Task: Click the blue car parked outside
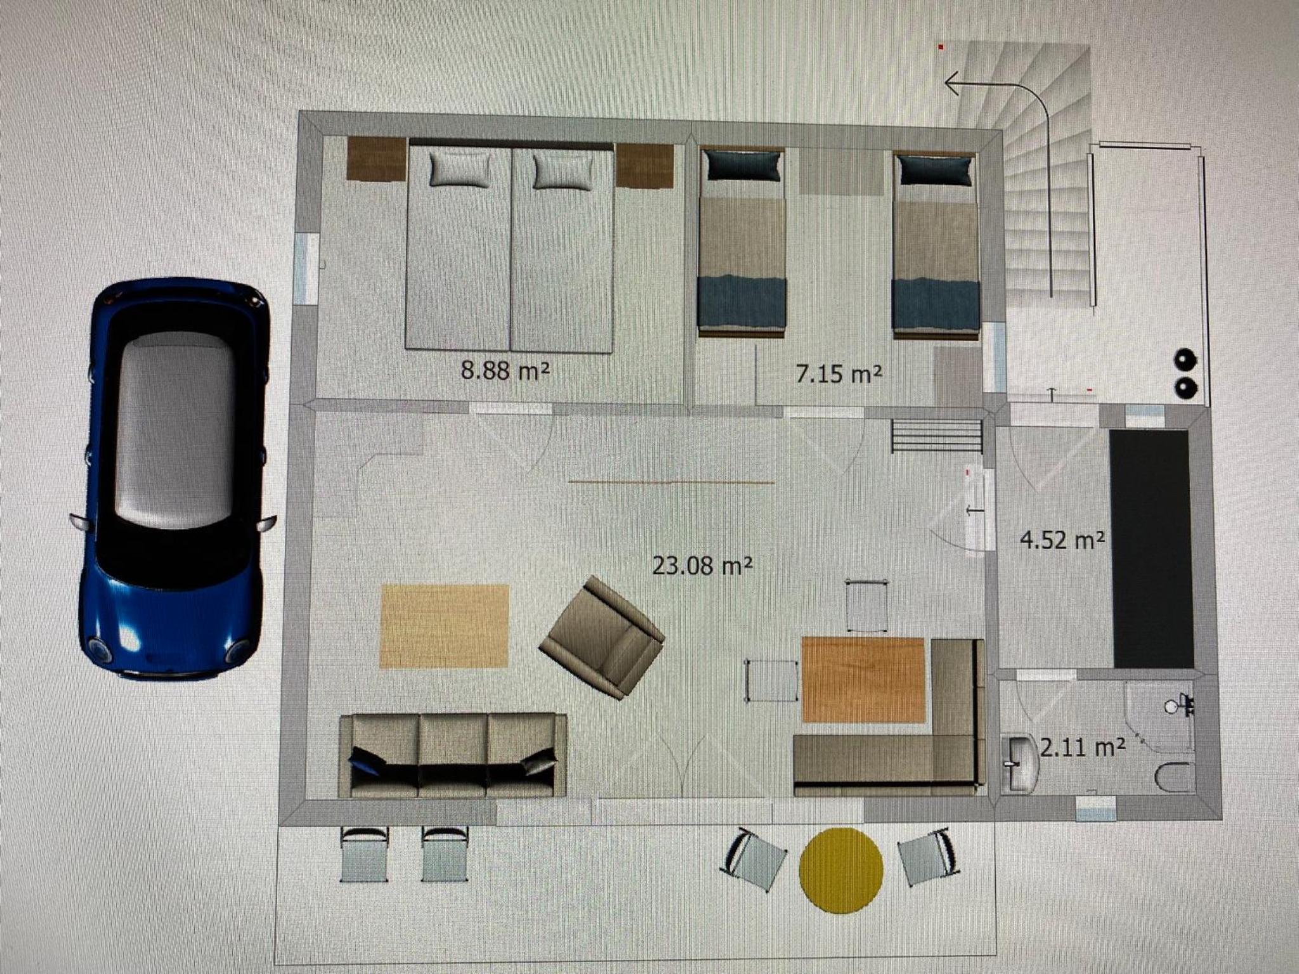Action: click(173, 479)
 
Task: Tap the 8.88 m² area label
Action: click(505, 370)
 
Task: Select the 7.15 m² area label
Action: click(839, 374)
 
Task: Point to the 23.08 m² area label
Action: click(702, 565)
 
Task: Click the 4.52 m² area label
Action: click(1062, 540)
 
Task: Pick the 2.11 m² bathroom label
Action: click(1083, 748)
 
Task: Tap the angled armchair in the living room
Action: click(601, 637)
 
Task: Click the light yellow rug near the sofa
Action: click(445, 626)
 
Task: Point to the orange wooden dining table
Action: click(863, 680)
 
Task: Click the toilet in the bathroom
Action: click(1174, 777)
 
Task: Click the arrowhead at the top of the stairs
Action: click(952, 83)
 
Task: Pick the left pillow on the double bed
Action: click(460, 169)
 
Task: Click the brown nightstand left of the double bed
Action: click(377, 159)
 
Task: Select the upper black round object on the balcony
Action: click(1184, 360)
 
